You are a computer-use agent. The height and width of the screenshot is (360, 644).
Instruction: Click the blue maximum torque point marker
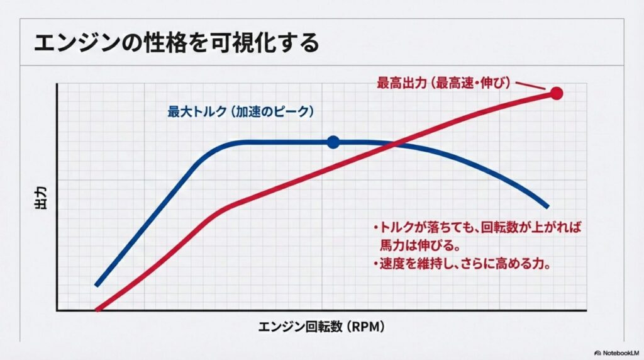(x=333, y=142)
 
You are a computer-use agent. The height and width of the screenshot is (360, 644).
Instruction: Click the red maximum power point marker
(x=557, y=94)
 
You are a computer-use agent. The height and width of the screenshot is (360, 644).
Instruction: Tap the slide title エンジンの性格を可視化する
(x=176, y=43)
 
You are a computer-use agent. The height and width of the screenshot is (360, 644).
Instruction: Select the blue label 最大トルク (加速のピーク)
(x=241, y=111)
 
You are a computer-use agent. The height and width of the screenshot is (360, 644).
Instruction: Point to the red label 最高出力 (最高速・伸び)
(x=444, y=83)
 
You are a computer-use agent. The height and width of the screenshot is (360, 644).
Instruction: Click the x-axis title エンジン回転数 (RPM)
(x=321, y=327)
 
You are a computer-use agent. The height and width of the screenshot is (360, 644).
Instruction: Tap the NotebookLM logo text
(x=616, y=353)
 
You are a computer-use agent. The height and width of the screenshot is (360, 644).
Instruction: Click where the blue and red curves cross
(x=395, y=144)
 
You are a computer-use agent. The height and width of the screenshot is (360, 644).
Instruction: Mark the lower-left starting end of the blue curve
(x=96, y=284)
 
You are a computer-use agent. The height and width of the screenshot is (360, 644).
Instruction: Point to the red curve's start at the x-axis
(x=97, y=310)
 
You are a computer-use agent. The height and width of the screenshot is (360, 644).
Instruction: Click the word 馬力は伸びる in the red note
(x=415, y=245)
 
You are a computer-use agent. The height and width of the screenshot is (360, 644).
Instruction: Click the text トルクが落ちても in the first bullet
(x=426, y=227)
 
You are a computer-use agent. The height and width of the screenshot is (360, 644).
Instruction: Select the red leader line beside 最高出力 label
(x=530, y=86)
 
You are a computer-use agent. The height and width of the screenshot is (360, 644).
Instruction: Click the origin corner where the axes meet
(x=57, y=310)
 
